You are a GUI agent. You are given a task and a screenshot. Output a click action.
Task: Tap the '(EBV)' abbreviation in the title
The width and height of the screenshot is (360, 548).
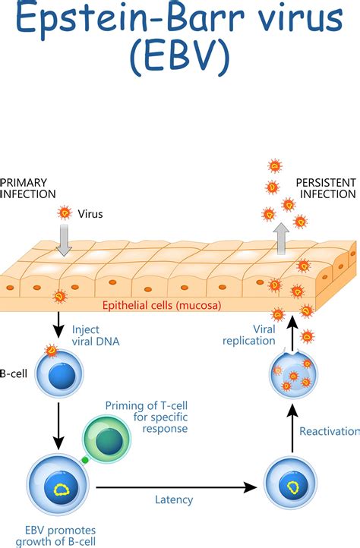180,59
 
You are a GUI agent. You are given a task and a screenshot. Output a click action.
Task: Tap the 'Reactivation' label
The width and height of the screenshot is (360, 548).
329,431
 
